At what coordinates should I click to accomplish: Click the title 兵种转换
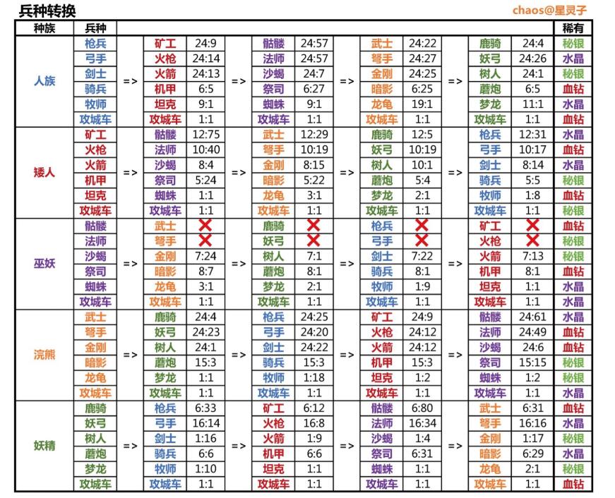[x=47, y=11]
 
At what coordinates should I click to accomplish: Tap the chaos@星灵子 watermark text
[x=549, y=11]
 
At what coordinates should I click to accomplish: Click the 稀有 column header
[x=573, y=28]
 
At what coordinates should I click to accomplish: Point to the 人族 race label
[x=44, y=81]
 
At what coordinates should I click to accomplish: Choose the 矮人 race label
[x=44, y=172]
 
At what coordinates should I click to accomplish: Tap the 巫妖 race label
[x=44, y=264]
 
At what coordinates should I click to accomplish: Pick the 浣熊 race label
[x=44, y=355]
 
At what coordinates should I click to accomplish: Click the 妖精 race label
[x=44, y=446]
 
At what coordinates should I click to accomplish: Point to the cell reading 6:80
[x=422, y=408]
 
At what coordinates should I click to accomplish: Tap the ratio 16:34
[x=422, y=423]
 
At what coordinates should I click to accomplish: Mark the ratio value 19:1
[x=422, y=104]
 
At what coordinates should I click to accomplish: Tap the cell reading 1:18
[x=314, y=378]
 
